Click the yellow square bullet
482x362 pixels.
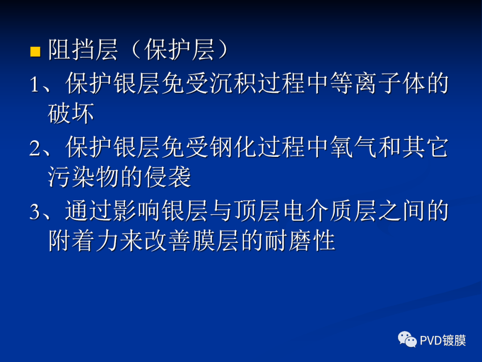[x=35, y=52]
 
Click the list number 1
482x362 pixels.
[x=34, y=84]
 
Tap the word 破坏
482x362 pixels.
[x=71, y=114]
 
